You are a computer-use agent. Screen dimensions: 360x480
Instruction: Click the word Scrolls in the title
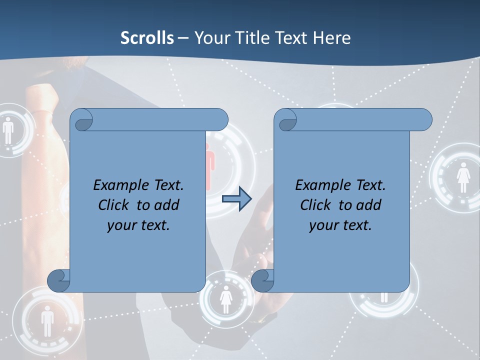(147, 38)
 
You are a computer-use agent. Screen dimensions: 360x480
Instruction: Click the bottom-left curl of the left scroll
(58, 280)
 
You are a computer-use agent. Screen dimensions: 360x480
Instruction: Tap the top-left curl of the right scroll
(287, 120)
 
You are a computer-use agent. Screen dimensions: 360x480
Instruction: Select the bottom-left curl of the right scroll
(262, 280)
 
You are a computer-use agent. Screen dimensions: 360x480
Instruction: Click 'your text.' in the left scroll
(138, 225)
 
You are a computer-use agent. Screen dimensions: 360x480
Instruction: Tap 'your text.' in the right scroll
(340, 225)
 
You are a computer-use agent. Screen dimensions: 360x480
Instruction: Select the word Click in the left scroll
(113, 205)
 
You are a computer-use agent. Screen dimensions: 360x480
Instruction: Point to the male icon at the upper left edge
(8, 130)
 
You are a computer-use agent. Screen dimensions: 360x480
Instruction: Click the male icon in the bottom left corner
(47, 320)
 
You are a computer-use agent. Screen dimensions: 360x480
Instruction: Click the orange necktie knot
(40, 97)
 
